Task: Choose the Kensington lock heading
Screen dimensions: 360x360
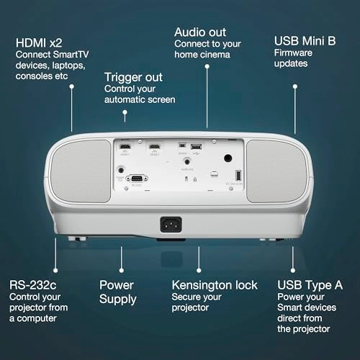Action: pyautogui.click(x=213, y=284)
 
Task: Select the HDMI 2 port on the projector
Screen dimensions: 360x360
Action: pyautogui.click(x=153, y=145)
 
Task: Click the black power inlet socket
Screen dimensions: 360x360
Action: pyautogui.click(x=170, y=224)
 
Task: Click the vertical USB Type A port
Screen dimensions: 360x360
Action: pyautogui.click(x=238, y=174)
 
